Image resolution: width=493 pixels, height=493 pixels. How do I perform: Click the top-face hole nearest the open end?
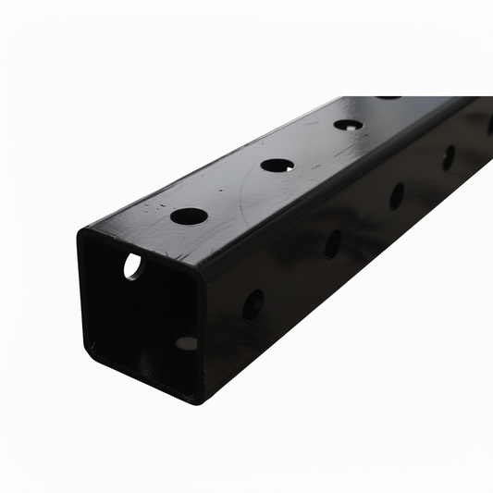coord(189,216)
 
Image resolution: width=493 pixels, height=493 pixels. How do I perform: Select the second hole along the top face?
coord(277,166)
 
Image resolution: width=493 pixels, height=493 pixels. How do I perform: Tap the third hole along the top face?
coord(348,124)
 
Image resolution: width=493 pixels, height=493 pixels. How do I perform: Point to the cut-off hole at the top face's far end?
coord(388,97)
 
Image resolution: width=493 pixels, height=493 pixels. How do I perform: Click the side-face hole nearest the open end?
coord(253,304)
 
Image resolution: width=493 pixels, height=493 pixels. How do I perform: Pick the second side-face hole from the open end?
coord(332,243)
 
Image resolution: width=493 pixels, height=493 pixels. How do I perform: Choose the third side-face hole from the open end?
coord(396,195)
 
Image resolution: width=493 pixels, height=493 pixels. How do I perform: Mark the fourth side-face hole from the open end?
coord(449,156)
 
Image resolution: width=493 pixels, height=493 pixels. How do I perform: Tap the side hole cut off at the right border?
coord(489,126)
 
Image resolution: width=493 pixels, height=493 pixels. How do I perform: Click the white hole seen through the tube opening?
coord(133,266)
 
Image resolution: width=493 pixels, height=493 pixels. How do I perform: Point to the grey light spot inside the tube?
coord(186,343)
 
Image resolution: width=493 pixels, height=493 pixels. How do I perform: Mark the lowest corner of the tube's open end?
coord(197,401)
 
